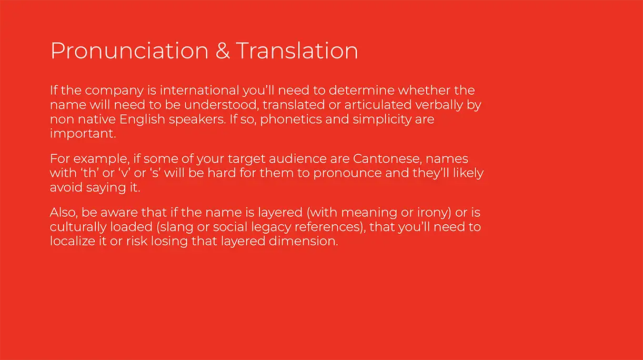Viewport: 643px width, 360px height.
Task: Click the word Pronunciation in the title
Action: pos(129,52)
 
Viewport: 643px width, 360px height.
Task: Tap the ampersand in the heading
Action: pos(223,51)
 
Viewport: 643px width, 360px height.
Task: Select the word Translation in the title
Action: pos(297,51)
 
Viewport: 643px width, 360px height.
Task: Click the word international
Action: pos(199,91)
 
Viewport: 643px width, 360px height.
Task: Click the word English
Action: pos(142,119)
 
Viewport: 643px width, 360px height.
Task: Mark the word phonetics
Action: pos(291,119)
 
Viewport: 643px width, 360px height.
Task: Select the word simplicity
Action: pos(382,119)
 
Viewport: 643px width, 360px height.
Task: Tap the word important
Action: pos(83,134)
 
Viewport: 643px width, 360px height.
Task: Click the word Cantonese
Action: pos(387,159)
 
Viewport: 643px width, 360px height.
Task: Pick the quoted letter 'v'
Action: pos(124,173)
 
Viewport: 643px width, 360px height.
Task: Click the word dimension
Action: pos(304,241)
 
